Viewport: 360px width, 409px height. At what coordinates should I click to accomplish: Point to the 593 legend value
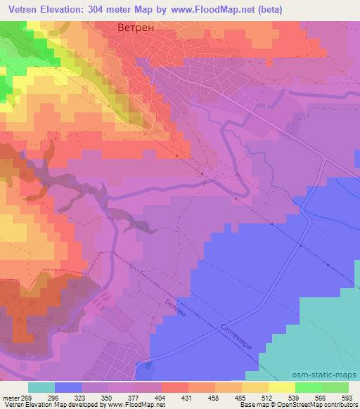[x=345, y=397]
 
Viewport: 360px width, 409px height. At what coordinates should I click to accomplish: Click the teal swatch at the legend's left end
[x=41, y=387]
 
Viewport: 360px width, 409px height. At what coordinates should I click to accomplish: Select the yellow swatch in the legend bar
[x=282, y=387]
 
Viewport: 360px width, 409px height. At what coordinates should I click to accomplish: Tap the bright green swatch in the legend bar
[x=309, y=387]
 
